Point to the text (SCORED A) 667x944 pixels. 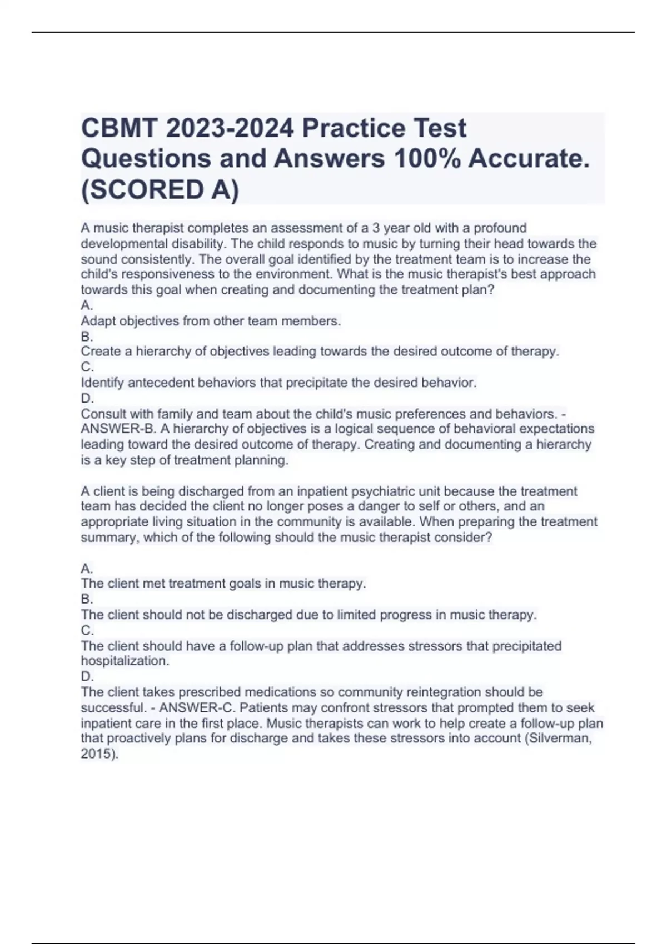coord(160,190)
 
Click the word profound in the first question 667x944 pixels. coord(500,228)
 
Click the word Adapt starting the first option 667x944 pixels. coord(98,321)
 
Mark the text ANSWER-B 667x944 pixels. coord(118,429)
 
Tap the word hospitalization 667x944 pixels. coord(125,661)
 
